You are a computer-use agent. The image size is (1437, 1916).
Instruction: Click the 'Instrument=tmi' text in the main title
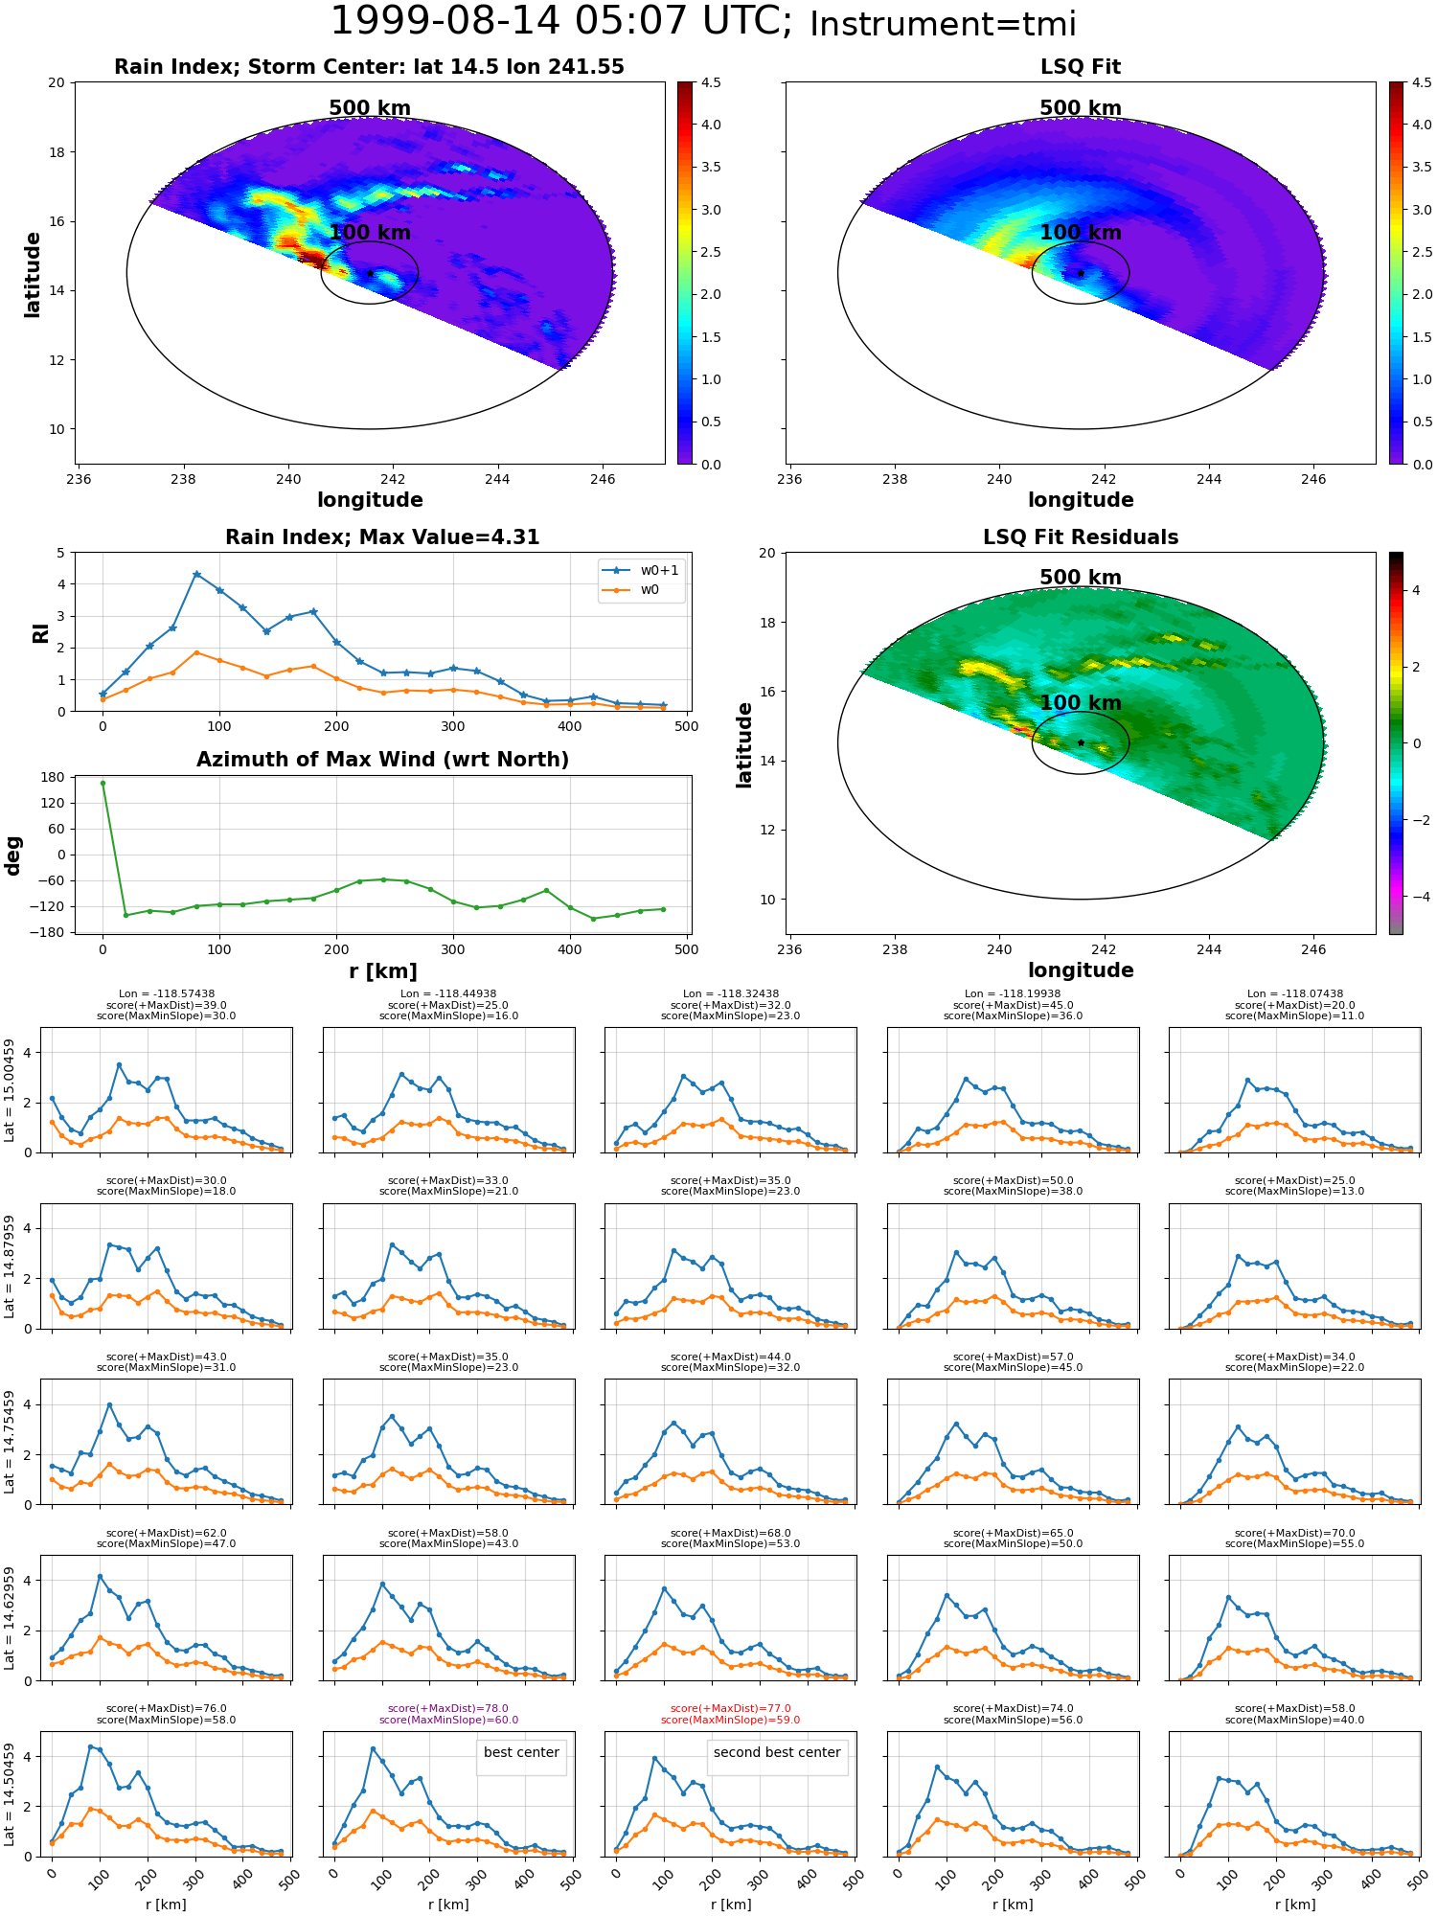[943, 25]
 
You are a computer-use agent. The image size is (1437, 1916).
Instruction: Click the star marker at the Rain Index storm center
[370, 273]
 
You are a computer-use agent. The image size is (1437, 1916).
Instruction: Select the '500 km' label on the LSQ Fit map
[1080, 108]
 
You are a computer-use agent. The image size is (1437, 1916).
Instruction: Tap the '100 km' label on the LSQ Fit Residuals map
[1080, 703]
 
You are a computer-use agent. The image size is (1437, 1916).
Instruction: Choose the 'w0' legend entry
[650, 590]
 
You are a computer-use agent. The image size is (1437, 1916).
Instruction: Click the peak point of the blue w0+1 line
[196, 575]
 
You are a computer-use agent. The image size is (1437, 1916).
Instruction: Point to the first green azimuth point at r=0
[103, 784]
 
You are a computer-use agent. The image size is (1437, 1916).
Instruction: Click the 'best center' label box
[521, 1753]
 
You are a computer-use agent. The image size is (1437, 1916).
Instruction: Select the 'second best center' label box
[776, 1753]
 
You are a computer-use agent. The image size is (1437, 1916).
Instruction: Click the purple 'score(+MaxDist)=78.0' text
[448, 1709]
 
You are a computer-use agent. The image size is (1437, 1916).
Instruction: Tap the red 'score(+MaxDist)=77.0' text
[730, 1709]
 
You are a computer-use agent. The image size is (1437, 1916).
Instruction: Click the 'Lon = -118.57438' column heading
[166, 994]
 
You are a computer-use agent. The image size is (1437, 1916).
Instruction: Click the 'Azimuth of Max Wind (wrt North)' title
[382, 760]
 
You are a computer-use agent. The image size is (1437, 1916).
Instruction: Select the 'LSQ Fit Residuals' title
[1080, 537]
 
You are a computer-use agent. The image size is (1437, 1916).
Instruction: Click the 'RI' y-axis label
[41, 633]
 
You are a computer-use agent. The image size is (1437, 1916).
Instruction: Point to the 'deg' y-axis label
[13, 855]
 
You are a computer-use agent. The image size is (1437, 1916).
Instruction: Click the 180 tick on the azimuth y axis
[55, 777]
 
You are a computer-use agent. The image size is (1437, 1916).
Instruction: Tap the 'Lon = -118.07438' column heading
[1294, 994]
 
